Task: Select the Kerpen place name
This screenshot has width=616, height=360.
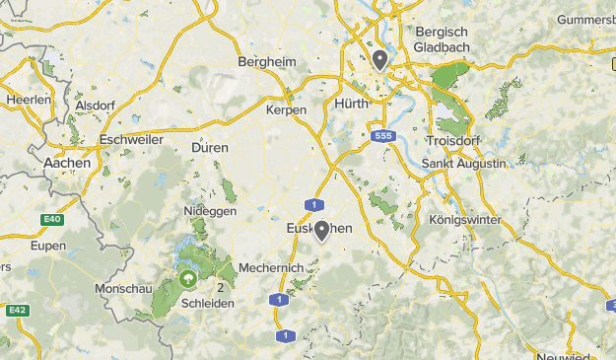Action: pyautogui.click(x=287, y=110)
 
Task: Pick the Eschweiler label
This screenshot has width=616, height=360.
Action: pyautogui.click(x=131, y=140)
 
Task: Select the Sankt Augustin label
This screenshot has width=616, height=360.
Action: pyautogui.click(x=463, y=162)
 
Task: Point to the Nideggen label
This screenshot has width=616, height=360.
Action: pyautogui.click(x=208, y=212)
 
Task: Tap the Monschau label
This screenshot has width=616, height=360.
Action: pyautogui.click(x=123, y=289)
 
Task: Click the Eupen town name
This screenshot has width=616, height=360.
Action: pyautogui.click(x=48, y=246)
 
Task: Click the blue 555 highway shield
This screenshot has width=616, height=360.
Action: pyautogui.click(x=382, y=137)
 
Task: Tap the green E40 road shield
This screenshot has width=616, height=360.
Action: pyautogui.click(x=51, y=219)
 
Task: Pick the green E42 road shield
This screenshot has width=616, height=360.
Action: pyautogui.click(x=16, y=310)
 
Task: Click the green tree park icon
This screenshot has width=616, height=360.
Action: pyautogui.click(x=186, y=280)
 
